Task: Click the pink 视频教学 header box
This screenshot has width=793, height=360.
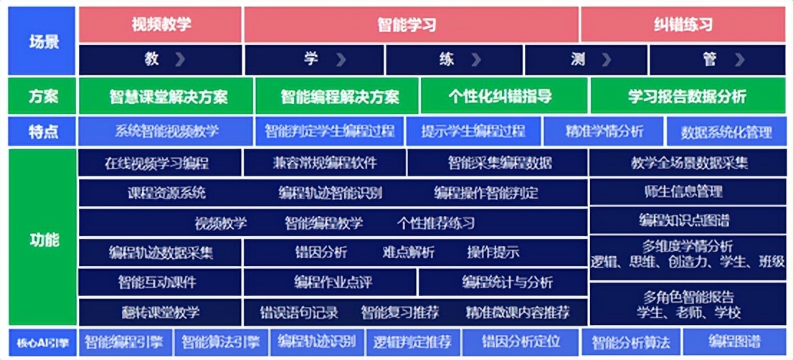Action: pyautogui.click(x=161, y=25)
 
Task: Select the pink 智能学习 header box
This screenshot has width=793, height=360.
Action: pyautogui.click(x=411, y=25)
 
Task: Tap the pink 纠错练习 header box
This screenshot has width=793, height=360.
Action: pyautogui.click(x=683, y=25)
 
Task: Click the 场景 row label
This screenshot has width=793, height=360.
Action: pyautogui.click(x=42, y=41)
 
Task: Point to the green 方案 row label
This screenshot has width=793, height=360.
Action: pyautogui.click(x=42, y=96)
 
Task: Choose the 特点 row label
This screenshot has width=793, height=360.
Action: pyautogui.click(x=42, y=131)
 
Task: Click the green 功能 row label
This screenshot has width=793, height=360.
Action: pyautogui.click(x=42, y=238)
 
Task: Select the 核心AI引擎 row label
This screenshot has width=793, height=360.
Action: pyautogui.click(x=42, y=341)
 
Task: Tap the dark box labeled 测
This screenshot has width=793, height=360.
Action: pyautogui.click(x=585, y=60)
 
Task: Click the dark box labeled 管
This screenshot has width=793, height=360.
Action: pyautogui.click(x=716, y=60)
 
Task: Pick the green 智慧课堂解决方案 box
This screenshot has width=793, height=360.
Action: pyautogui.click(x=166, y=96)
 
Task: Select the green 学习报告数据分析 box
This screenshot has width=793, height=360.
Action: pyautogui.click(x=688, y=96)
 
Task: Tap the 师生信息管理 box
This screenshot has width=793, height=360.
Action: pyautogui.click(x=688, y=191)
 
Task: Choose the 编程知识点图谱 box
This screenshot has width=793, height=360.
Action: pyautogui.click(x=688, y=219)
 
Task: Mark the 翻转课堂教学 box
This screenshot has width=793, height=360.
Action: pyautogui.click(x=160, y=313)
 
